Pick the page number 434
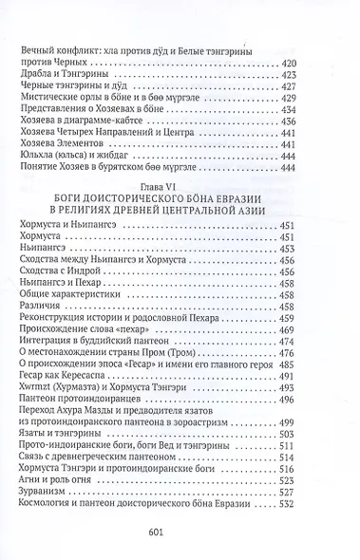tap(322, 108)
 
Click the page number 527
tap(322, 478)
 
